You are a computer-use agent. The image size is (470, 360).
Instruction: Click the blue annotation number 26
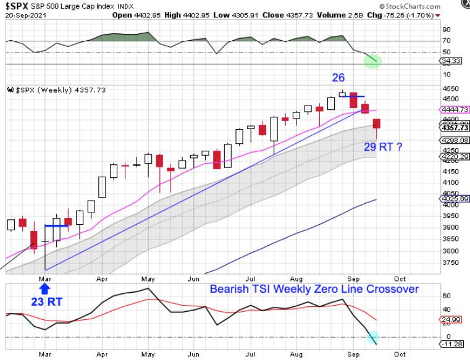coord(338,78)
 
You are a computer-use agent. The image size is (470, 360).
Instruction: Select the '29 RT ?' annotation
coord(383,146)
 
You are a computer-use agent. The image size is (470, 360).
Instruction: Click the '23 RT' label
coord(46,301)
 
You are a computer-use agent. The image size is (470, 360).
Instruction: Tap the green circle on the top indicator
coord(373,61)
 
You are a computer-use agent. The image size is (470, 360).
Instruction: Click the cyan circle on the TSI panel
coord(373,337)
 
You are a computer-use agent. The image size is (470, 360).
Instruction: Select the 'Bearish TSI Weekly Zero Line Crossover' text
coord(314,289)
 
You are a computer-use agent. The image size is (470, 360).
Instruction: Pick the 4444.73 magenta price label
coord(456,109)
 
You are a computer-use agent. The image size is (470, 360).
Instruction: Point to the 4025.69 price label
coord(456,199)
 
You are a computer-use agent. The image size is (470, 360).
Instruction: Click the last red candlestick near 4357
coord(377,123)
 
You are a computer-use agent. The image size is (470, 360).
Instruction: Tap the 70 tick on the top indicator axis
coord(447,41)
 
